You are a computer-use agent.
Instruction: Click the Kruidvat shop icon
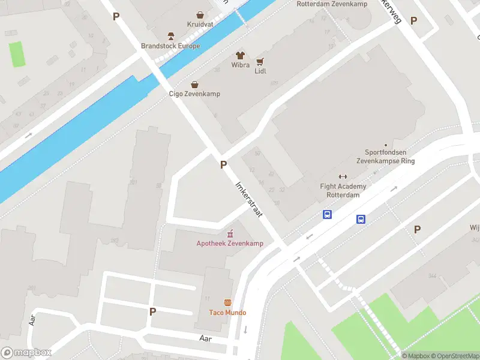(x=199, y=14)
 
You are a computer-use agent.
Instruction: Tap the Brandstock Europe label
(x=170, y=46)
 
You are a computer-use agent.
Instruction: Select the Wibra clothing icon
(x=241, y=55)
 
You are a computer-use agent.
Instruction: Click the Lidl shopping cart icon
(x=260, y=61)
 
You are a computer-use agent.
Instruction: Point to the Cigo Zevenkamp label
(x=194, y=94)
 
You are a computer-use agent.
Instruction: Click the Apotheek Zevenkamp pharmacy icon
(x=229, y=233)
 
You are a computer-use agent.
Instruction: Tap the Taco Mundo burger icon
(x=227, y=302)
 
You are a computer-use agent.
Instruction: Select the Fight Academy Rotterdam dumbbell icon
(x=343, y=176)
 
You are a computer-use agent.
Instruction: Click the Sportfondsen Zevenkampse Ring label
(x=386, y=157)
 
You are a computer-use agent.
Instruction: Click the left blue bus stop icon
(x=328, y=214)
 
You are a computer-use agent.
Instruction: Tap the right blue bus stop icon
(x=361, y=219)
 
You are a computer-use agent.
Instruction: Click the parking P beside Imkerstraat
(x=223, y=164)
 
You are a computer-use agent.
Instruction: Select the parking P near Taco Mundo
(x=152, y=311)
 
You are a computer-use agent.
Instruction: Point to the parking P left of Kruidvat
(x=116, y=17)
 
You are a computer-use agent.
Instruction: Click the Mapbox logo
(x=26, y=353)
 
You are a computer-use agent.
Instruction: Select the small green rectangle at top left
(x=17, y=54)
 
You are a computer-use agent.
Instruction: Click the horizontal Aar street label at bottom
(x=205, y=338)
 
